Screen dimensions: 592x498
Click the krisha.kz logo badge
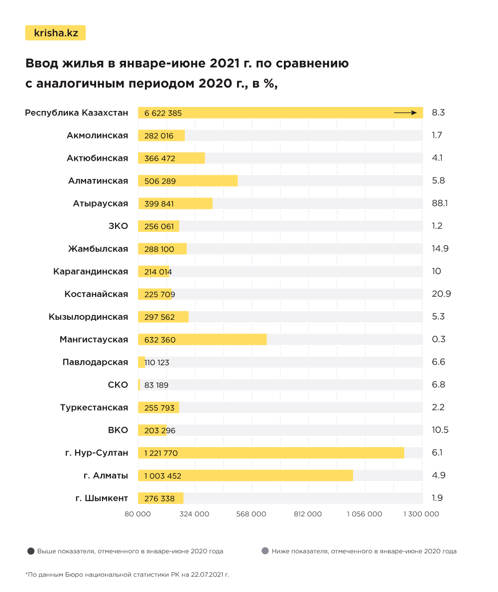(x=55, y=33)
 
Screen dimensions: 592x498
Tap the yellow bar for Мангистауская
(x=202, y=340)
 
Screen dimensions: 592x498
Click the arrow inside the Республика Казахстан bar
(x=405, y=113)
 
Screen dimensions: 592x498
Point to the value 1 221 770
(x=161, y=453)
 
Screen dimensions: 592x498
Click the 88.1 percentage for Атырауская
(x=440, y=203)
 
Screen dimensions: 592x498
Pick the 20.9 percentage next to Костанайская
(x=441, y=294)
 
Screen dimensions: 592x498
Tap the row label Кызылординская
(x=88, y=317)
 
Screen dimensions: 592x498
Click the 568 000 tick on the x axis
(x=251, y=514)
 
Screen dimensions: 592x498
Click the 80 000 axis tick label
(x=137, y=514)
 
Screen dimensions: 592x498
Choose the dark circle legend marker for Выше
(x=31, y=551)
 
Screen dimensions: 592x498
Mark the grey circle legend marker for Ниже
(x=265, y=551)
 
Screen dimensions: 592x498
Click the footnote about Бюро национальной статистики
(x=127, y=575)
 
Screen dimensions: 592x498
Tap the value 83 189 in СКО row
(x=156, y=385)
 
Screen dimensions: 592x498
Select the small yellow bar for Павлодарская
(x=141, y=362)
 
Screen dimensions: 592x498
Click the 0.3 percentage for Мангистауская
(x=439, y=340)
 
